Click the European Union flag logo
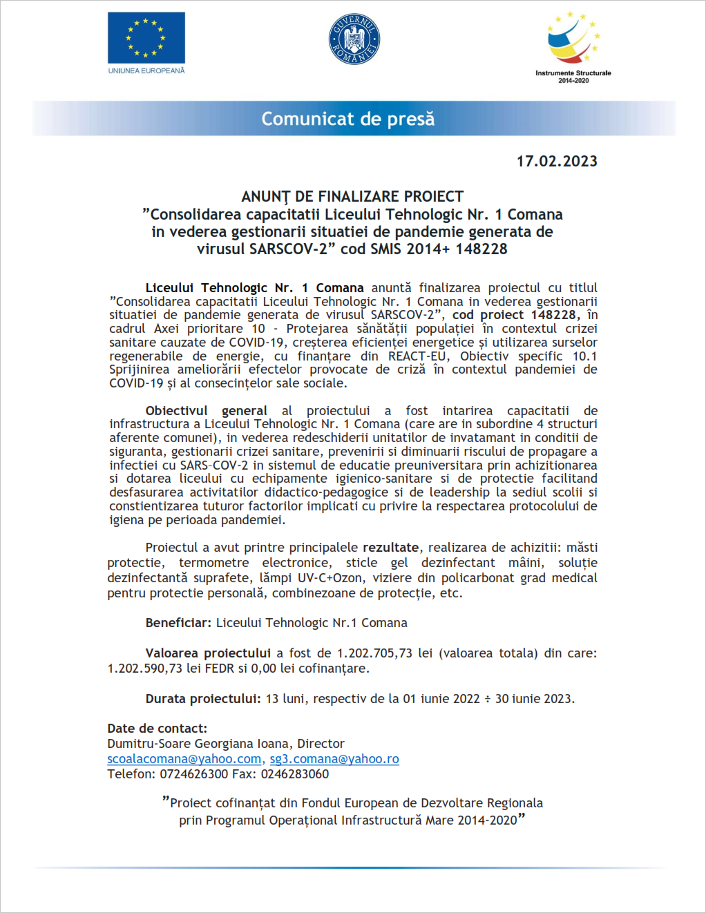(x=146, y=38)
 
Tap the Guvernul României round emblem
(x=354, y=39)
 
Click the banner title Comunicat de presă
(x=348, y=119)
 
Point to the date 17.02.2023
(x=557, y=161)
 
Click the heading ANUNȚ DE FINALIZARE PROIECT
(x=352, y=197)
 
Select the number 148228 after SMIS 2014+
(x=481, y=249)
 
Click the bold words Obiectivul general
(x=206, y=410)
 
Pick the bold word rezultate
(x=390, y=547)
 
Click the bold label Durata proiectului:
(x=203, y=698)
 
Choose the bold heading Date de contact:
(x=157, y=728)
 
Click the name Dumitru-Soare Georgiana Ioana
(x=198, y=743)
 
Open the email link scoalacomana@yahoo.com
(x=184, y=758)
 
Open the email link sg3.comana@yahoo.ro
(x=334, y=758)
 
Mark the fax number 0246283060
(x=295, y=773)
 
